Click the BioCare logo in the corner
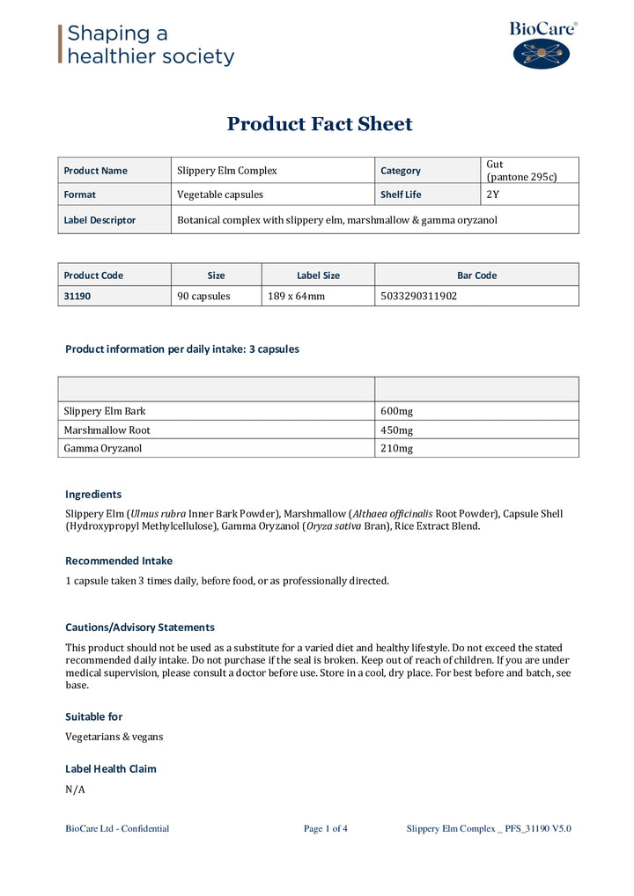click(542, 46)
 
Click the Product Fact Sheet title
click(319, 124)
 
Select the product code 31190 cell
click(77, 297)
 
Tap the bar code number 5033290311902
click(418, 297)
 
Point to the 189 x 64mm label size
click(296, 297)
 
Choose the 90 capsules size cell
click(203, 297)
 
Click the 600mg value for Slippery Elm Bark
click(396, 411)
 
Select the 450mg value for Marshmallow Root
click(396, 430)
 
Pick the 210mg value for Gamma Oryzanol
click(396, 449)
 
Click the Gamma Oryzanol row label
click(102, 449)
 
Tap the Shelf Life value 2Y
click(492, 195)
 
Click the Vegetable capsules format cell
click(220, 195)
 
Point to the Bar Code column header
click(476, 275)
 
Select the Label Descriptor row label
click(100, 220)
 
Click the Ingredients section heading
click(93, 495)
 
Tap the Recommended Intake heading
click(119, 561)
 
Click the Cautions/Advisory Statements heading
click(140, 628)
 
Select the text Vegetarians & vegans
click(114, 737)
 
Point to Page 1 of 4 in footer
click(325, 828)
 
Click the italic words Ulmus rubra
click(158, 514)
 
